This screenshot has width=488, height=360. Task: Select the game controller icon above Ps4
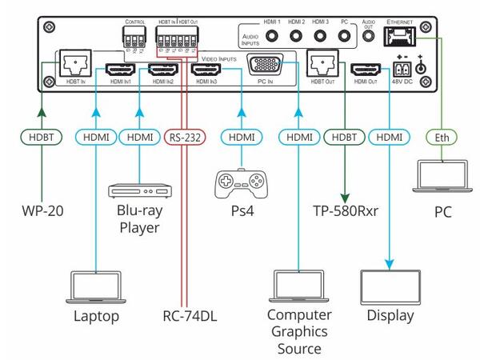click(240, 183)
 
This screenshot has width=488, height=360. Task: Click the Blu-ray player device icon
click(139, 191)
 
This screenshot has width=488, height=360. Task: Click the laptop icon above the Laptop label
click(97, 285)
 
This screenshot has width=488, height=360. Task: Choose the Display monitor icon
click(390, 285)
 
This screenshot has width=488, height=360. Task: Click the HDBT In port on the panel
click(70, 64)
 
